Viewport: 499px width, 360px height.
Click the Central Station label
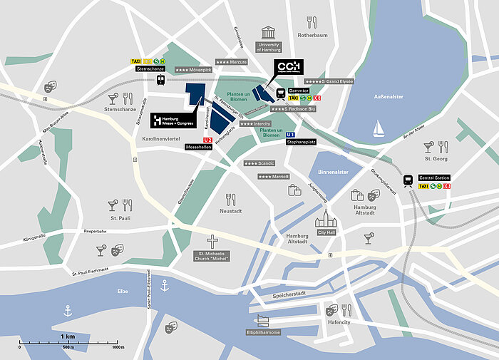point(435,178)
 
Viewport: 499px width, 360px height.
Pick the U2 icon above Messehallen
point(208,139)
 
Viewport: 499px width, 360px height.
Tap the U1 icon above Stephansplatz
point(290,134)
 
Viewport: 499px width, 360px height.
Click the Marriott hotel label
point(274,176)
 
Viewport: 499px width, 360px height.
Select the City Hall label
point(326,232)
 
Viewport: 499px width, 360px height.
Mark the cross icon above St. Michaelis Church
point(211,241)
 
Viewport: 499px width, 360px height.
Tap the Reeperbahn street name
point(96,231)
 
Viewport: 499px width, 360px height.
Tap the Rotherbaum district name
point(312,34)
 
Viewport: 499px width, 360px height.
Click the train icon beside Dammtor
point(281,93)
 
